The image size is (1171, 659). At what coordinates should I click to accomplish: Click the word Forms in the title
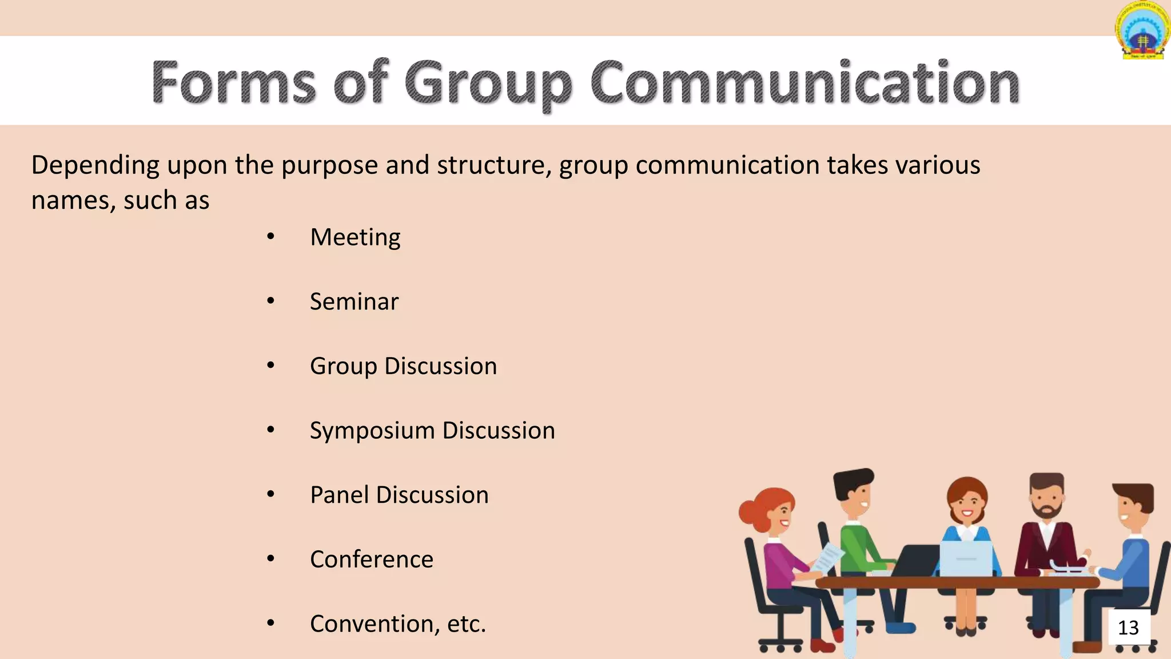pos(233,83)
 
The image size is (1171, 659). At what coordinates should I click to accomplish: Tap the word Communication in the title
pos(805,83)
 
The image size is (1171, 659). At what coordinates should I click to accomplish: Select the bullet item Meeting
pos(355,237)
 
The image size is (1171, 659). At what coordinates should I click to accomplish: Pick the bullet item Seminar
pos(354,301)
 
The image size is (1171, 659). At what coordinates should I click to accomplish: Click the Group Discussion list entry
pos(403,366)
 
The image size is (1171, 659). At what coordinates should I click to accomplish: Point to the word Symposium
pos(372,431)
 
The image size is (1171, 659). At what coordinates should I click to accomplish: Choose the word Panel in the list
pos(339,495)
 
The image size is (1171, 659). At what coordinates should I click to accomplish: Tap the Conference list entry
pos(372,559)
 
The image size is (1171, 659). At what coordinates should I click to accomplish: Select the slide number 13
pos(1129,628)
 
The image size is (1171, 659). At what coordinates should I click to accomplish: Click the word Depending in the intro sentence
pos(95,165)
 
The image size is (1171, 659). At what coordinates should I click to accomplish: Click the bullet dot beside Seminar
pos(271,301)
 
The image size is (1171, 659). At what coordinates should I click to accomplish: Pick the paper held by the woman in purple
pos(828,556)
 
